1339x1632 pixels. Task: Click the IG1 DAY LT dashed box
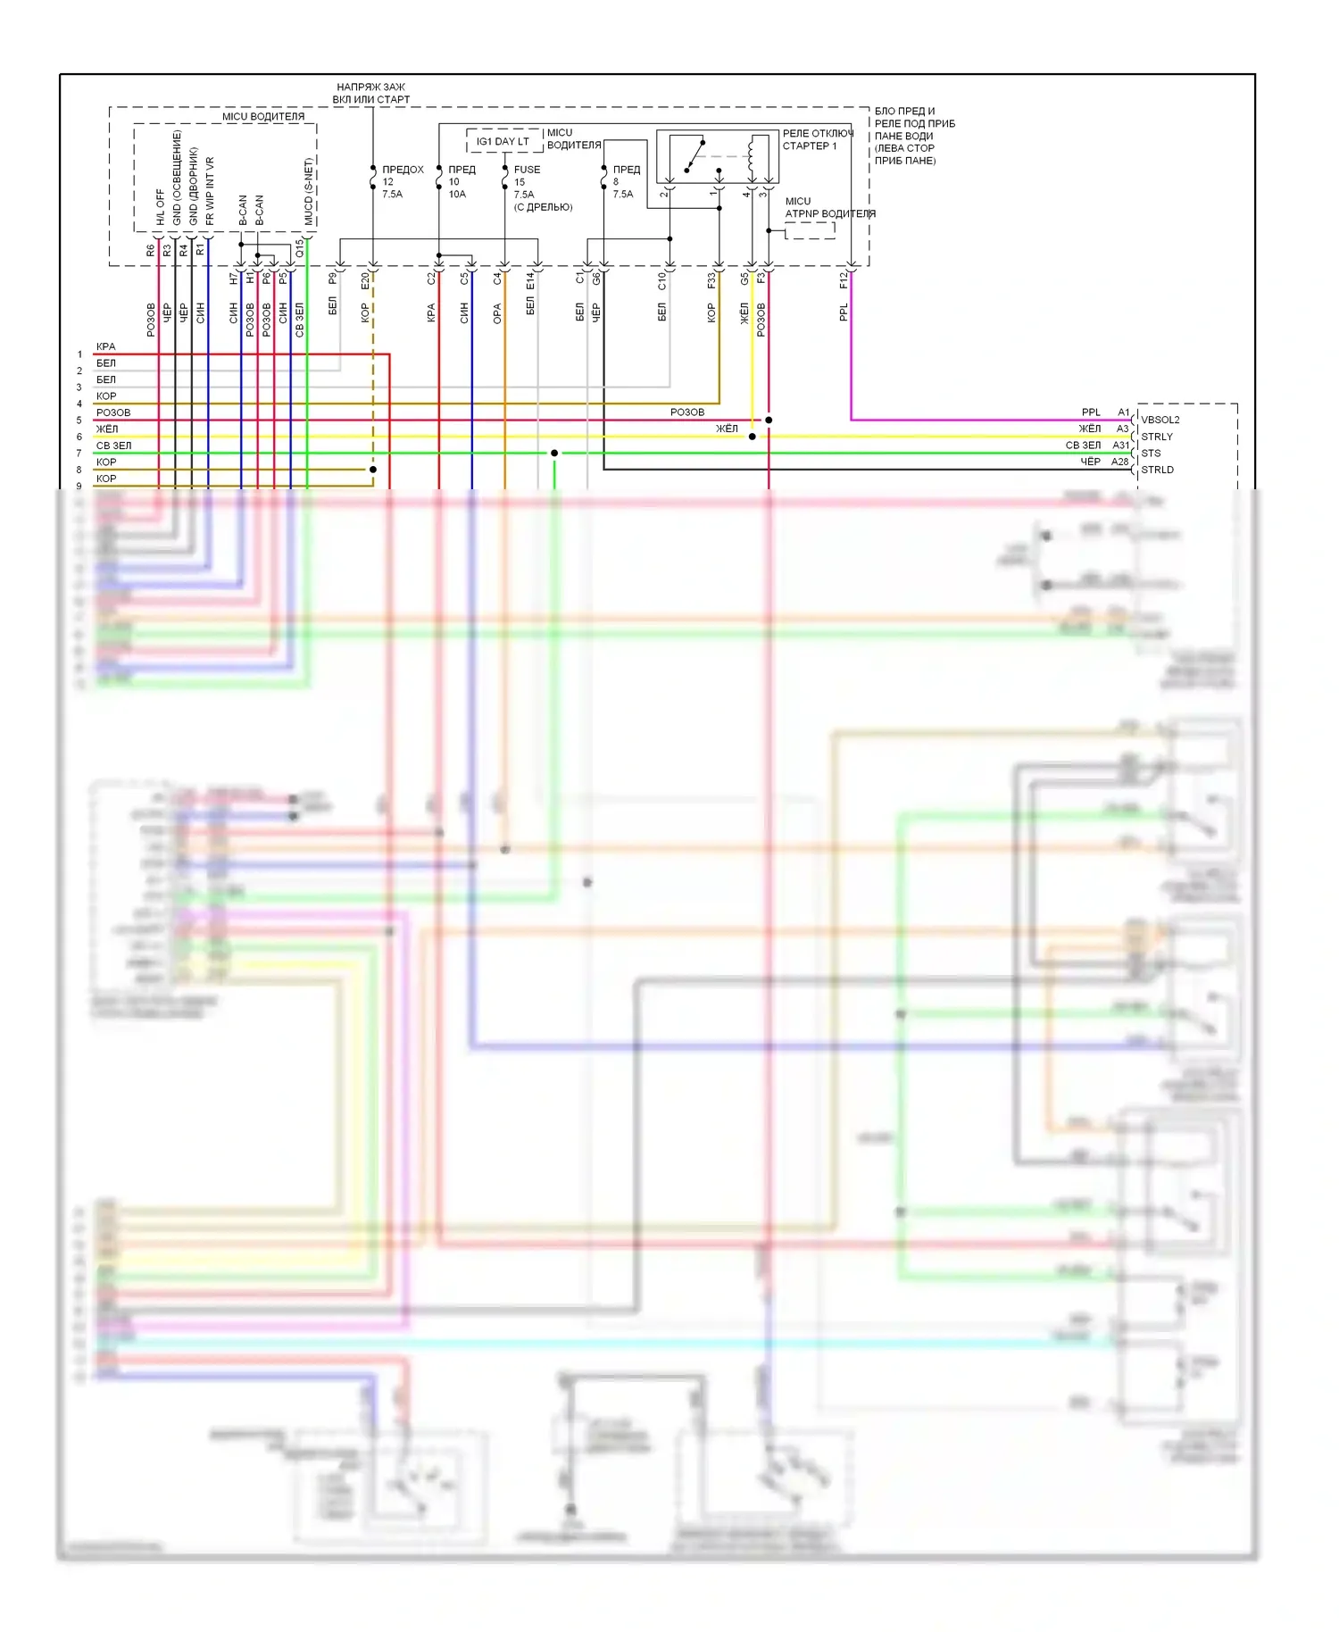[x=503, y=141]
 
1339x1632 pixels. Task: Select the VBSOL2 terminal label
[x=1160, y=420]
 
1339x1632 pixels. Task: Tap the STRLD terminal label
[x=1157, y=470]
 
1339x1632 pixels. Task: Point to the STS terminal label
[x=1151, y=453]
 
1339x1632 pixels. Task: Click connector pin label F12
[x=844, y=280]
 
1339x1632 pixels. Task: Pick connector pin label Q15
[x=300, y=248]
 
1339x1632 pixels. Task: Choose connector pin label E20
[x=365, y=280]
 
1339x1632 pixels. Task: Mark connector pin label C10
[x=661, y=280]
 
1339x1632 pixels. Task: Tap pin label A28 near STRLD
[x=1119, y=462]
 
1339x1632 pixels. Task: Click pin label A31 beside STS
[x=1120, y=445]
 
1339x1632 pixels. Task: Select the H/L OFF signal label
[x=161, y=207]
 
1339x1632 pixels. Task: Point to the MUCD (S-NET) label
[x=309, y=192]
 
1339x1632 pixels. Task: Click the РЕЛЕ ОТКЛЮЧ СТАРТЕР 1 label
[x=817, y=139]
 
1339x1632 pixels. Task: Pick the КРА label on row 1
[x=106, y=346]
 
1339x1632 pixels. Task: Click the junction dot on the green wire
[x=554, y=454]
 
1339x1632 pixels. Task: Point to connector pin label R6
[x=150, y=251]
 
